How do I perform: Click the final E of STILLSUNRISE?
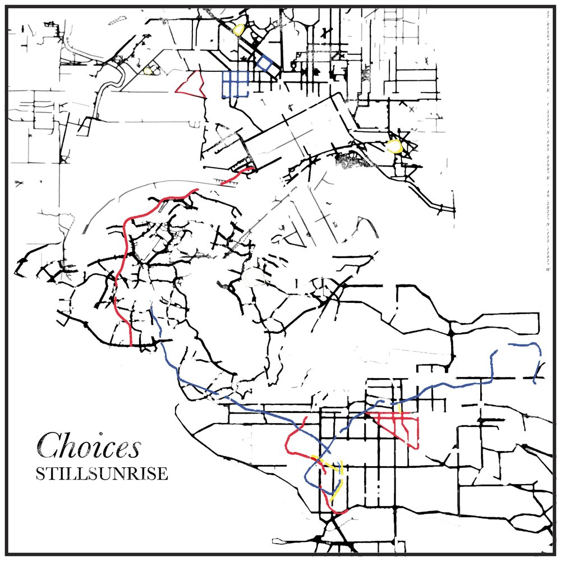[x=163, y=473]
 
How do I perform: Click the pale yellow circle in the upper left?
[x=148, y=71]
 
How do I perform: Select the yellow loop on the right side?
[x=395, y=146]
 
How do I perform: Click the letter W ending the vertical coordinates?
[x=548, y=269]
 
